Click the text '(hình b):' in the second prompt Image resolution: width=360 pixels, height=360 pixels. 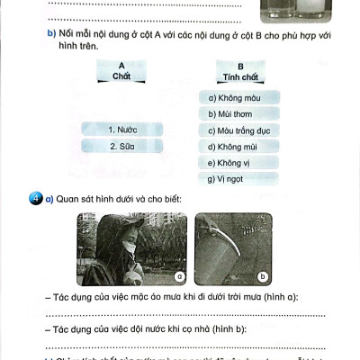[232, 330]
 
